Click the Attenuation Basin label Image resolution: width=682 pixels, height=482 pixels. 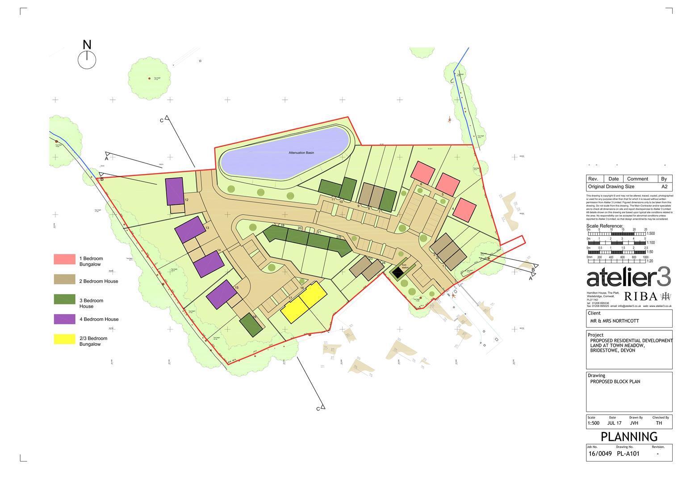[x=301, y=153]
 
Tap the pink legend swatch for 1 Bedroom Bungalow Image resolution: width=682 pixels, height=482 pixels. [x=64, y=259]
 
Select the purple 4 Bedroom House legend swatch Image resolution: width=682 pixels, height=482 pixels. [x=64, y=319]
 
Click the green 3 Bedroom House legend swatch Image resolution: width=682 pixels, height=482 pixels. [x=64, y=299]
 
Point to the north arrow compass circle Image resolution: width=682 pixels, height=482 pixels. [x=87, y=60]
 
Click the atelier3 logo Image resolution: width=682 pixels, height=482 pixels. [x=628, y=278]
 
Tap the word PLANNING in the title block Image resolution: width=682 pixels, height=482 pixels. [x=629, y=436]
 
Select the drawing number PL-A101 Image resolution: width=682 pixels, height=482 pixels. [x=628, y=454]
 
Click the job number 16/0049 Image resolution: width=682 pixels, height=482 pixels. [x=600, y=454]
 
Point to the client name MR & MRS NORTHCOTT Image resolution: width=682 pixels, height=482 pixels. [x=615, y=321]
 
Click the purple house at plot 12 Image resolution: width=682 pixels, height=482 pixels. [x=174, y=191]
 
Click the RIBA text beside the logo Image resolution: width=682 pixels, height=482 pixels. [x=640, y=296]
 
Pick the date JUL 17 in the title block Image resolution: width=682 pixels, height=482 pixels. [x=614, y=423]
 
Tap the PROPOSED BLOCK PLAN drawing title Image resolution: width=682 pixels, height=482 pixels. [x=615, y=382]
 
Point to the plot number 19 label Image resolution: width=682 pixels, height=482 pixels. [x=282, y=226]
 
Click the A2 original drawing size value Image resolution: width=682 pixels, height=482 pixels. [x=664, y=187]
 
